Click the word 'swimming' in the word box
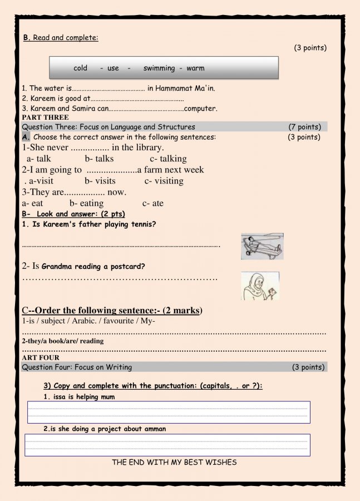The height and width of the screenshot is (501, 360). tap(159, 68)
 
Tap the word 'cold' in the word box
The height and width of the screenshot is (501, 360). tap(81, 68)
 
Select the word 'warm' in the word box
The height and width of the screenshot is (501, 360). tap(195, 68)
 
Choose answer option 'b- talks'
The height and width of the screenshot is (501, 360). tap(99, 159)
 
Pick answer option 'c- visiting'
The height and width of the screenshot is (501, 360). tap(164, 181)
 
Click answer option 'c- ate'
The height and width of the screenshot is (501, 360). tap(153, 203)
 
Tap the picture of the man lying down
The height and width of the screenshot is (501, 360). tap(262, 246)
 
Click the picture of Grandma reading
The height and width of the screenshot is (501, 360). tap(260, 286)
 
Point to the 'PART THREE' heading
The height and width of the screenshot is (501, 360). tap(45, 117)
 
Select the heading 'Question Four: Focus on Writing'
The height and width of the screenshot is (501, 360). tap(77, 367)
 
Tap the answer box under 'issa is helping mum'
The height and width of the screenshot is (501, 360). tap(169, 412)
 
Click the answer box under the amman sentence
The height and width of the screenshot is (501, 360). tap(167, 445)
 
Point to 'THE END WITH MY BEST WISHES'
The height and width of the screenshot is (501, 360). tap(174, 462)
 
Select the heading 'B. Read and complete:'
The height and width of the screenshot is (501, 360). tap(61, 38)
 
